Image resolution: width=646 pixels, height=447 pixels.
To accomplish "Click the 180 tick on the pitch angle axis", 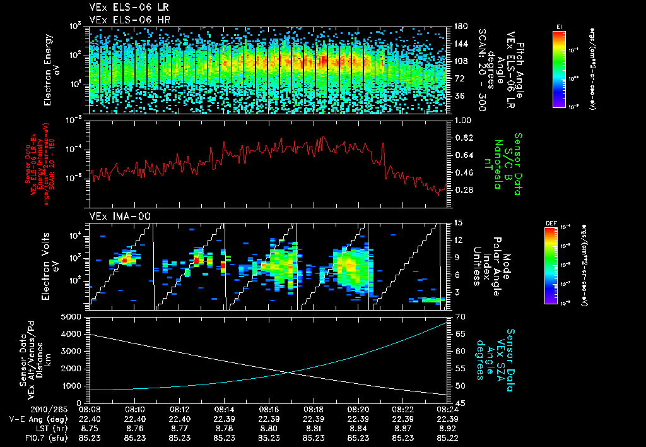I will [461, 27].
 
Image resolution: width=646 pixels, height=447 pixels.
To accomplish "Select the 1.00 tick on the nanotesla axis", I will [464, 120].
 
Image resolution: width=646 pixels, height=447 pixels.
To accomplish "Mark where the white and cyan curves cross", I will [289, 372].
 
